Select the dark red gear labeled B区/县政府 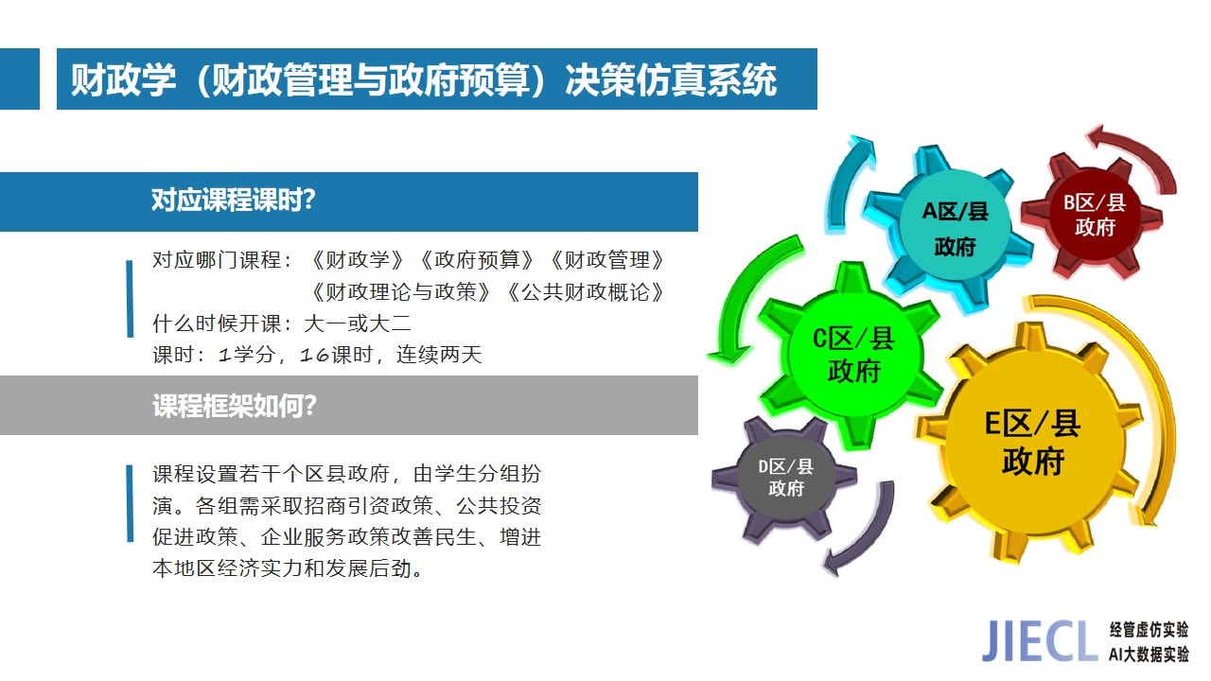point(1093,217)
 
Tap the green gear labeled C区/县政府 point(852,355)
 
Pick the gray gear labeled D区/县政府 point(785,478)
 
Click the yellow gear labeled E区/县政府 point(1031,444)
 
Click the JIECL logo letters point(1039,641)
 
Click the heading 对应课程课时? point(233,200)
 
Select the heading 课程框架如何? point(234,406)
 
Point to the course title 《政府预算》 point(477,260)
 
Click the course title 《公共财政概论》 point(585,292)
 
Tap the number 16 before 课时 point(314,355)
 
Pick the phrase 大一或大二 point(358,323)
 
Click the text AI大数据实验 point(1149,654)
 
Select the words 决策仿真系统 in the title point(671,80)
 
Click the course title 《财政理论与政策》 point(400,292)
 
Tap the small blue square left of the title point(20,79)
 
